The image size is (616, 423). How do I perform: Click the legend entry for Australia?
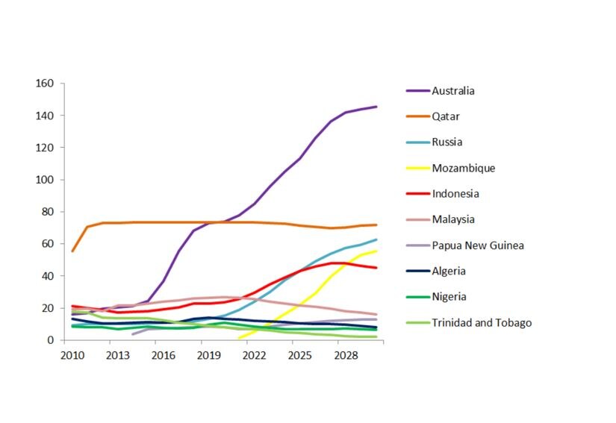[x=453, y=91]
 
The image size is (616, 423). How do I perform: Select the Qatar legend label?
[x=446, y=116]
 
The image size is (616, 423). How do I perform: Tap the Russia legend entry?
[x=447, y=142]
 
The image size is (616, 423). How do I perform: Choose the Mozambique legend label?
[x=463, y=168]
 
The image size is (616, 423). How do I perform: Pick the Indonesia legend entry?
[x=455, y=194]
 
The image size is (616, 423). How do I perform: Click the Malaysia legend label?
[x=453, y=219]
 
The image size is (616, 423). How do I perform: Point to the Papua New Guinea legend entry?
[x=477, y=245]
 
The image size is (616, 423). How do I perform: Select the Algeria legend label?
[x=450, y=272]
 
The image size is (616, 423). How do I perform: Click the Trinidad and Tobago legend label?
[x=482, y=323]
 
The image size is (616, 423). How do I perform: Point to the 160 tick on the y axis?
[x=44, y=84]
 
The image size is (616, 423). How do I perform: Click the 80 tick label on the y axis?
[x=47, y=212]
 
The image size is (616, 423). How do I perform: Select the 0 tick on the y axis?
[x=50, y=340]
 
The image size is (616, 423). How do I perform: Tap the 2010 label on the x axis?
[x=72, y=355]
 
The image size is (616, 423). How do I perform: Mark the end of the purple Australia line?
[x=376, y=107]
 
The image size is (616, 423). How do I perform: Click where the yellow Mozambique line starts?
[x=239, y=338]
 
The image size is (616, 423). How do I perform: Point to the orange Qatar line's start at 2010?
[x=72, y=251]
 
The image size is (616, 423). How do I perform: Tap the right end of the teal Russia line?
[x=376, y=239]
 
